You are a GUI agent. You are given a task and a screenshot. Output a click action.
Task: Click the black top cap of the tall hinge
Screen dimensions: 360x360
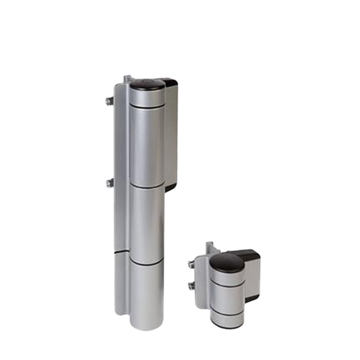[x=147, y=85]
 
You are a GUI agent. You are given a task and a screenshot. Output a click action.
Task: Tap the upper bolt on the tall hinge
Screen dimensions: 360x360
[x=109, y=101]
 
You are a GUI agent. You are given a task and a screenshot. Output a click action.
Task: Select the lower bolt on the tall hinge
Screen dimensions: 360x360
[x=109, y=182]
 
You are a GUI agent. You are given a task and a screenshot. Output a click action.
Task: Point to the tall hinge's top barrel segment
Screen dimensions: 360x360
[x=147, y=144]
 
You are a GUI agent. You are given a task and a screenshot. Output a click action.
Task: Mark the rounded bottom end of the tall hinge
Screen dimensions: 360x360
[x=147, y=324]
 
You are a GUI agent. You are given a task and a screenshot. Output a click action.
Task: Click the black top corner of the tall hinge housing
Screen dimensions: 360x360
[x=169, y=83]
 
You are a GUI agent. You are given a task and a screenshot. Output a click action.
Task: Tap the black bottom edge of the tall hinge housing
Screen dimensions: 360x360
[x=170, y=187]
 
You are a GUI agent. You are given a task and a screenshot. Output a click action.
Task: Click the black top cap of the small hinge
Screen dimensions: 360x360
[x=227, y=262]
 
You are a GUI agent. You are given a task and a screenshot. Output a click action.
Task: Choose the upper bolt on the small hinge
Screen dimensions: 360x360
[x=191, y=264]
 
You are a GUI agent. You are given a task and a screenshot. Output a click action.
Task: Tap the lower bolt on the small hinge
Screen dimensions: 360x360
[x=191, y=286]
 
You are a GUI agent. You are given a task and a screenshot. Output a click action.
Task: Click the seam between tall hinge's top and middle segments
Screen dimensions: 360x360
[x=147, y=186]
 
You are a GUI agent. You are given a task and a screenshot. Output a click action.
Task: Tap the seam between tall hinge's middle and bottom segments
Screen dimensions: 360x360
[x=147, y=263]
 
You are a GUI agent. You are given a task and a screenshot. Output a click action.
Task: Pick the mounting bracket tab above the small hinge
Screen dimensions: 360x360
[x=210, y=247]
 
